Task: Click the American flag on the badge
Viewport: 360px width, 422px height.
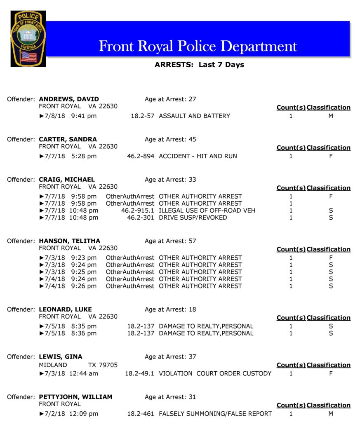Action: pyautogui.click(x=28, y=56)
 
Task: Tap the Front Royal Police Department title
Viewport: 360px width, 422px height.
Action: pyautogui.click(x=198, y=46)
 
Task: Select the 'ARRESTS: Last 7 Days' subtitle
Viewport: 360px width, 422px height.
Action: pyautogui.click(x=199, y=65)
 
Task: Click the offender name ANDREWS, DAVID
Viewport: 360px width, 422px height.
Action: pyautogui.click(x=69, y=99)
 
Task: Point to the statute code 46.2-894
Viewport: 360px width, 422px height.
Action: pyautogui.click(x=141, y=156)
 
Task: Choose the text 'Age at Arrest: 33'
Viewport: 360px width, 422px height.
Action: pyautogui.click(x=170, y=180)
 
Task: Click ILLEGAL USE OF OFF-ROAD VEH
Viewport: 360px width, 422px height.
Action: pyautogui.click(x=207, y=211)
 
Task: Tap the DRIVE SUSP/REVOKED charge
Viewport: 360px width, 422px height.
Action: pyautogui.click(x=193, y=218)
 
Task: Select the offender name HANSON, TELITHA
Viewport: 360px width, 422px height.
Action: pyautogui.click(x=69, y=241)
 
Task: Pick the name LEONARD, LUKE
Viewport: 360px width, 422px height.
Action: pyautogui.click(x=65, y=309)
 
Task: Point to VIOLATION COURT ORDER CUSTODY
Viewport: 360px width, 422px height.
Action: pyautogui.click(x=215, y=374)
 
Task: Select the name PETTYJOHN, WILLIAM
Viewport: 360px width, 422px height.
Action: pyautogui.click(x=75, y=397)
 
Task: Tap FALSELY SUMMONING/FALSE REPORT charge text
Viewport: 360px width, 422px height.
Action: pyautogui.click(x=215, y=414)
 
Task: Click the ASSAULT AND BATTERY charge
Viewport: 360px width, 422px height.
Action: pyautogui.click(x=194, y=116)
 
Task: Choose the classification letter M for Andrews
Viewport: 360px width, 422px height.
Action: pyautogui.click(x=331, y=116)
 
